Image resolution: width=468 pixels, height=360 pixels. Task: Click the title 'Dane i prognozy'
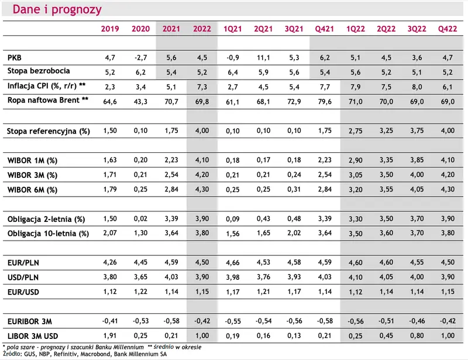click(57, 9)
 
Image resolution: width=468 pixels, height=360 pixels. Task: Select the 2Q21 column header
click(263, 29)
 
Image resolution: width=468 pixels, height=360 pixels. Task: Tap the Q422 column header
click(448, 29)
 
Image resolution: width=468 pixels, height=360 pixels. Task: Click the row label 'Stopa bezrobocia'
click(39, 71)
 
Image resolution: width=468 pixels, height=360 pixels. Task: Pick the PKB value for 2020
click(140, 58)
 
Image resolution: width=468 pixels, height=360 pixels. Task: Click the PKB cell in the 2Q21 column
click(263, 58)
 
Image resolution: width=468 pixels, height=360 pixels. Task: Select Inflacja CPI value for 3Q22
click(417, 87)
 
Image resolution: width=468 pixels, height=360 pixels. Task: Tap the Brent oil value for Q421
click(325, 102)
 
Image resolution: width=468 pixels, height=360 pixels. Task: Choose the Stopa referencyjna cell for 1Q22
click(356, 131)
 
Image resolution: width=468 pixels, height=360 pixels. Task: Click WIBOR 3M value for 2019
click(110, 175)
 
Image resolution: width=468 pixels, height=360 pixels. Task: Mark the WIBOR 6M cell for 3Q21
click(294, 190)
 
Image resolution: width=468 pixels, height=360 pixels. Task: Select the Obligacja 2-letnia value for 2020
click(140, 219)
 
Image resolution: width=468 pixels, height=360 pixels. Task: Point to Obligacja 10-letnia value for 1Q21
click(232, 234)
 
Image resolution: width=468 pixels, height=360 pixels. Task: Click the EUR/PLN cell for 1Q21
click(232, 263)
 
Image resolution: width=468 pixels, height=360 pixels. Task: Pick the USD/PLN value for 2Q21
click(263, 277)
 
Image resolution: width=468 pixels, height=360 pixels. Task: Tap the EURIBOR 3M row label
click(30, 321)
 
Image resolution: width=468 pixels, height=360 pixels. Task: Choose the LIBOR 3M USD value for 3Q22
click(417, 336)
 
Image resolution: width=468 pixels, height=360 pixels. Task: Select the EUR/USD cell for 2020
click(140, 292)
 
